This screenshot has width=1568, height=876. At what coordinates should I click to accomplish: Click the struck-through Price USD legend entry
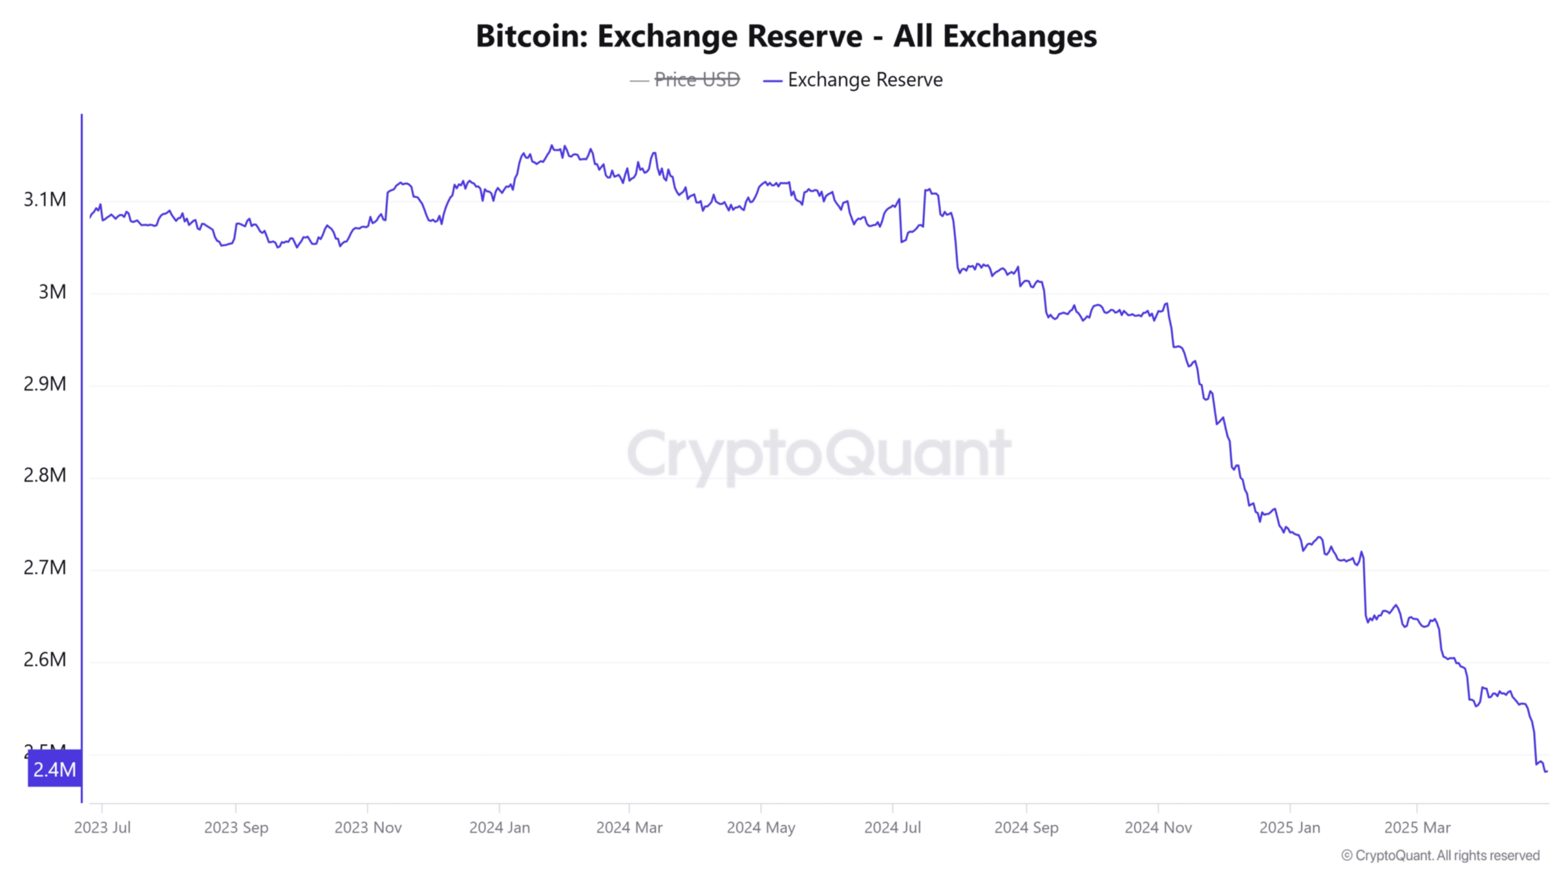click(x=696, y=80)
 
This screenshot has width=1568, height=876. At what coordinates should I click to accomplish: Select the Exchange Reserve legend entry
click(x=864, y=80)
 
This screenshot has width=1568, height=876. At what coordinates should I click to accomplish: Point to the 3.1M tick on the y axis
click(x=45, y=199)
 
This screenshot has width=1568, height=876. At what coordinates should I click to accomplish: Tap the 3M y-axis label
click(x=52, y=292)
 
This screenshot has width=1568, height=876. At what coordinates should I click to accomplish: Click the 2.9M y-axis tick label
click(x=45, y=384)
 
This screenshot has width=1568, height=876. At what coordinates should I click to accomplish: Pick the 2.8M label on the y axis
click(x=45, y=475)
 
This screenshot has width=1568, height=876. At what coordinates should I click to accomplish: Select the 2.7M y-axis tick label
click(x=45, y=568)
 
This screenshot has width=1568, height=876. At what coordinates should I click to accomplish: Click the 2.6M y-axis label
click(x=45, y=660)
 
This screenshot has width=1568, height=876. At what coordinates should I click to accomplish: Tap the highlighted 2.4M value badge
click(x=55, y=769)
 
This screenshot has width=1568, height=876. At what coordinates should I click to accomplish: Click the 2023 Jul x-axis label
click(x=102, y=828)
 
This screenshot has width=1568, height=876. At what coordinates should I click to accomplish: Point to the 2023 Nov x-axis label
click(x=367, y=828)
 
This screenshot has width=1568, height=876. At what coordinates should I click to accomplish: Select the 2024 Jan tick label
click(x=499, y=828)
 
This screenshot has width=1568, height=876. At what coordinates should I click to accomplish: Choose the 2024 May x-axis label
click(x=761, y=828)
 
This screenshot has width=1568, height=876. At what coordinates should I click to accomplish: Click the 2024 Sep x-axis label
click(x=1026, y=828)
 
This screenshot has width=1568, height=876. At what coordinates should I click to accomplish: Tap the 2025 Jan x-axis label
click(x=1289, y=828)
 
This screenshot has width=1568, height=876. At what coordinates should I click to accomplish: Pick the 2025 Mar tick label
click(x=1417, y=828)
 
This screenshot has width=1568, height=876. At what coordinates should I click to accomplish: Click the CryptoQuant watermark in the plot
click(x=819, y=455)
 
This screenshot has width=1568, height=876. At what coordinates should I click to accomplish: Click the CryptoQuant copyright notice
click(x=1440, y=855)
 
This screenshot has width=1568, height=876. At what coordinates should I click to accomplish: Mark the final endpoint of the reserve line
click(x=1547, y=771)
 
